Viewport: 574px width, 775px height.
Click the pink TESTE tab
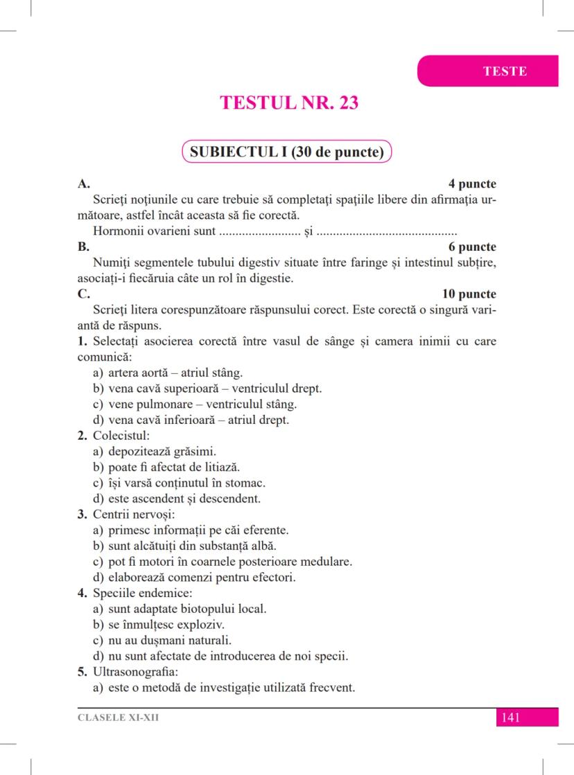pyautogui.click(x=504, y=71)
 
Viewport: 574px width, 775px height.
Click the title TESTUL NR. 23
pyautogui.click(x=289, y=103)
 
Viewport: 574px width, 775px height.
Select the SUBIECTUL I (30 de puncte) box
pyautogui.click(x=287, y=152)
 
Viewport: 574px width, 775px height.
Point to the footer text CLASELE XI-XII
pyautogui.click(x=118, y=718)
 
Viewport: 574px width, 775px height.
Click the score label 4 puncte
pyautogui.click(x=472, y=184)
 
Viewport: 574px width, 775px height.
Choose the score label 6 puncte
pyautogui.click(x=472, y=247)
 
